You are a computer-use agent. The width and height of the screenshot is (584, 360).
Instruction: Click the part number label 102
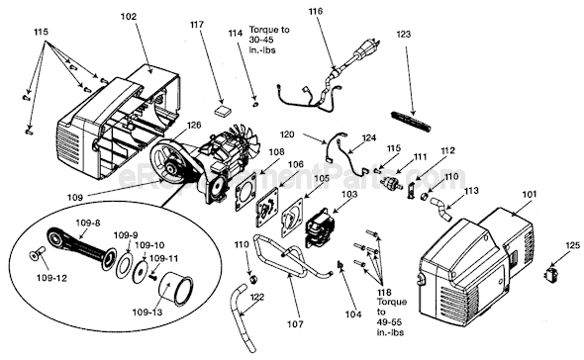[130, 17]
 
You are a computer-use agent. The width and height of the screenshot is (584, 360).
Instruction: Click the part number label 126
[193, 126]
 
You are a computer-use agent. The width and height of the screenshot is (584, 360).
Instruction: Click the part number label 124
[368, 137]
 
